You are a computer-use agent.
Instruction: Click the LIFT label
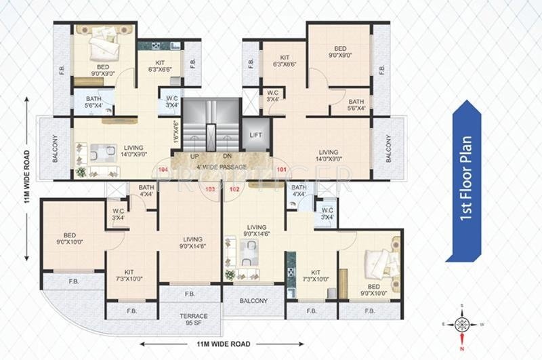coord(255,136)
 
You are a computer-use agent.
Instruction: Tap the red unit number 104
coord(163,168)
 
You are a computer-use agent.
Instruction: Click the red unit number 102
coord(234,190)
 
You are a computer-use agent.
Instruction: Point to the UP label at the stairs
coord(195,155)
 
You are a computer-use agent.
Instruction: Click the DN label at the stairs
coord(228,155)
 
